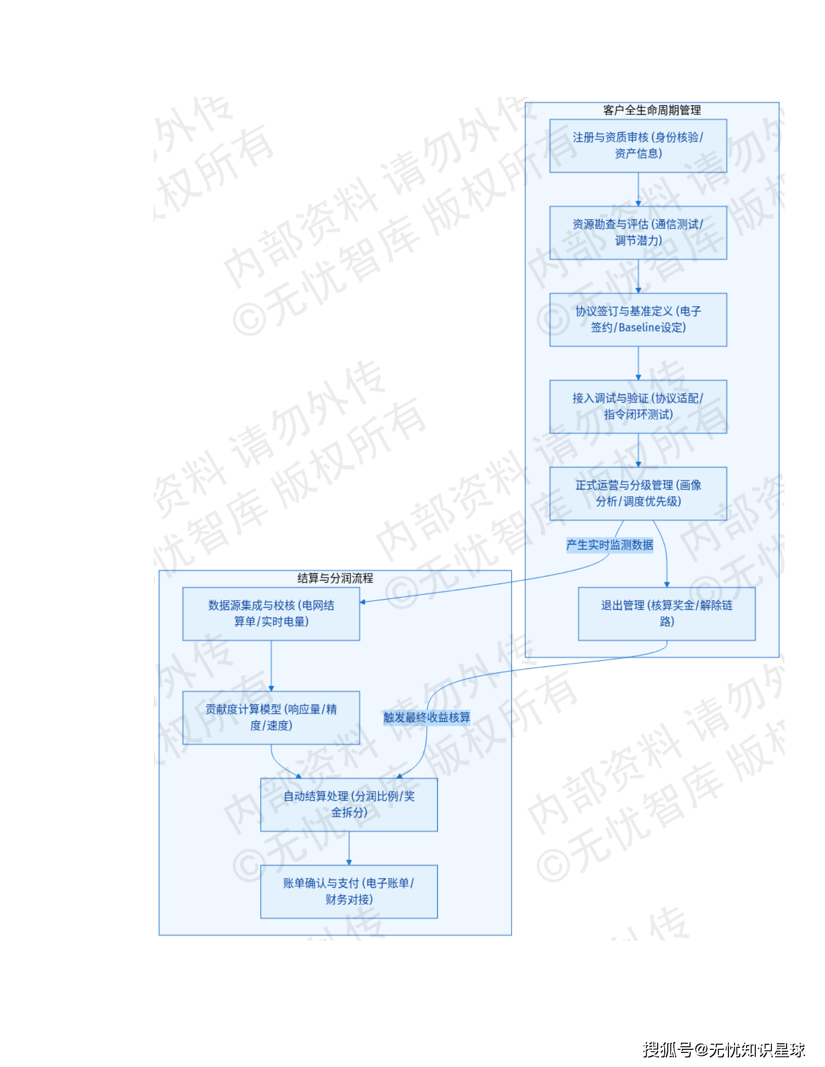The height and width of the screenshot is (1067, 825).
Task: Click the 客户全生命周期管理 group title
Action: click(652, 110)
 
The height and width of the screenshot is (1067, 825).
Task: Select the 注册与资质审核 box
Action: click(638, 145)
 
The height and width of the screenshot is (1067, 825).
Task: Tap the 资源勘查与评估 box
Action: click(638, 232)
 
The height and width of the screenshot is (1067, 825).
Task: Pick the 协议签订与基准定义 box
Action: click(638, 319)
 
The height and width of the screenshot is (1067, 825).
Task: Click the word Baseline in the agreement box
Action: click(639, 327)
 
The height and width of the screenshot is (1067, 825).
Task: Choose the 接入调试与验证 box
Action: click(638, 406)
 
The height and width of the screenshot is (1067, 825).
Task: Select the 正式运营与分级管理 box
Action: click(638, 493)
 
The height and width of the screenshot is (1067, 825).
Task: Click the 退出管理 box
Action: click(666, 613)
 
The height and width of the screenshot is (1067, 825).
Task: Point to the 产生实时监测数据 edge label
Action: click(609, 545)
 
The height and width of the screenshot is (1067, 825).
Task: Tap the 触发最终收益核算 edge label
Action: click(427, 717)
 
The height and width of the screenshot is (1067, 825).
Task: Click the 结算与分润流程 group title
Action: click(335, 578)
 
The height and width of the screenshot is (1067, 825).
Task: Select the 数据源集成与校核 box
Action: click(271, 613)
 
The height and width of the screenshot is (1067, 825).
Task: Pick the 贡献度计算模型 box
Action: click(271, 717)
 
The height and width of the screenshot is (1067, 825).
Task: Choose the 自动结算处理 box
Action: click(349, 804)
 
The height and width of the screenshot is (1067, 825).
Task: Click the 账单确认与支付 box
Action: click(349, 891)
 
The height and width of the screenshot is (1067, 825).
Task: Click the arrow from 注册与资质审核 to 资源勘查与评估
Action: click(638, 189)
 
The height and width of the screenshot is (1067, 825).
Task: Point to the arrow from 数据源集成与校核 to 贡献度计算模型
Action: click(271, 666)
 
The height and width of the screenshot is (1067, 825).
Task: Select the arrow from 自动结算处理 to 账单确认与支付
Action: click(349, 848)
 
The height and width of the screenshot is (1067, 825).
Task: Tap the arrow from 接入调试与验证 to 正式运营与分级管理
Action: click(638, 450)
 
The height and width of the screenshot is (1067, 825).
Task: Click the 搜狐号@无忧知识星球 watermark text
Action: click(723, 1050)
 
